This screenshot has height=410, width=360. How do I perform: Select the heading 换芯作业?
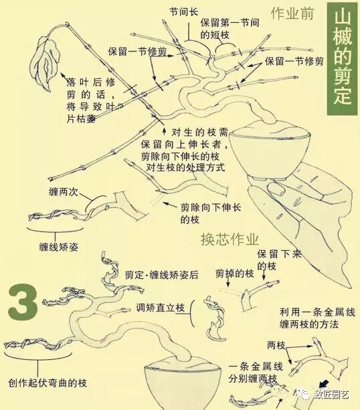(x=230, y=238)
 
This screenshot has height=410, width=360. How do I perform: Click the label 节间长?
(x=184, y=12)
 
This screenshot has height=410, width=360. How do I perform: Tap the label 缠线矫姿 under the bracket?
(x=59, y=247)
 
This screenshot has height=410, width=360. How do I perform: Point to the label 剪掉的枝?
(x=234, y=274)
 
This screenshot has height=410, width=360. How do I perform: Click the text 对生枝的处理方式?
(x=184, y=167)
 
